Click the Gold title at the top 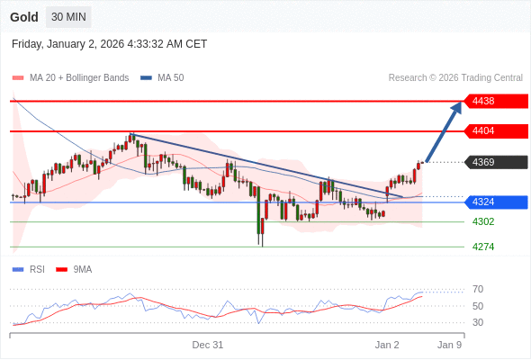(24, 17)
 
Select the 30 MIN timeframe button (68, 17)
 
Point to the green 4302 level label (483, 221)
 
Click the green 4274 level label (483, 247)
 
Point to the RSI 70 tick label (478, 289)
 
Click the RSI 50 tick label (478, 306)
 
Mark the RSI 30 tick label (478, 322)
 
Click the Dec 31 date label (207, 345)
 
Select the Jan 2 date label (387, 345)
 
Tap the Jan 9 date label (449, 345)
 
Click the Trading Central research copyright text (454, 77)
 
